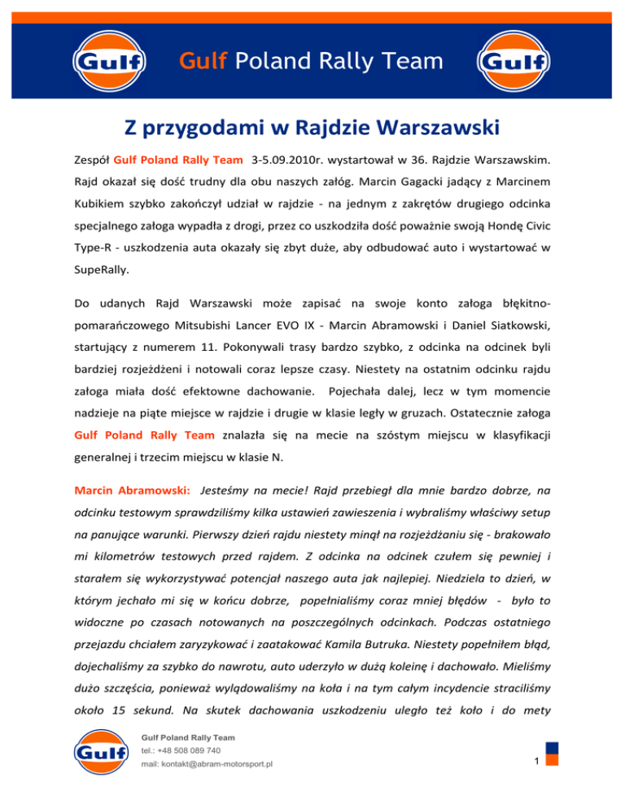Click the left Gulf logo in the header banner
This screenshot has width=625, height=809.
(109, 62)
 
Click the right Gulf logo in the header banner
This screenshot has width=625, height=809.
(514, 62)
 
